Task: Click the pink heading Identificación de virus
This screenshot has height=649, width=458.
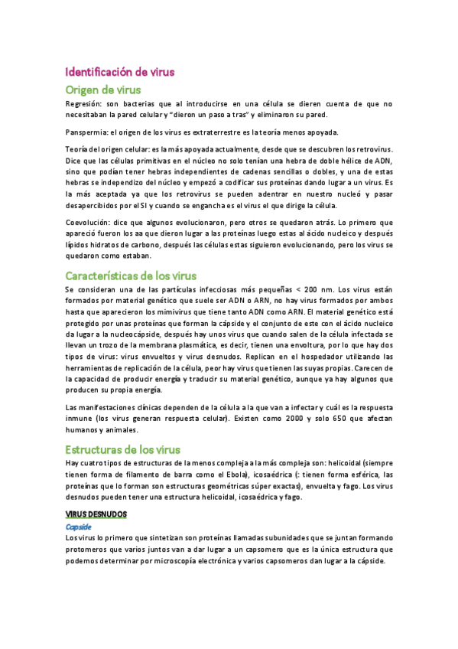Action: (x=120, y=73)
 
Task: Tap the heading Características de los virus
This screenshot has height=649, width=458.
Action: (x=131, y=276)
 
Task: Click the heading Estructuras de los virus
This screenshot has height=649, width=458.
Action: (x=122, y=449)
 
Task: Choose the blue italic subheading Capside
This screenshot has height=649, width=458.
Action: (x=79, y=527)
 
